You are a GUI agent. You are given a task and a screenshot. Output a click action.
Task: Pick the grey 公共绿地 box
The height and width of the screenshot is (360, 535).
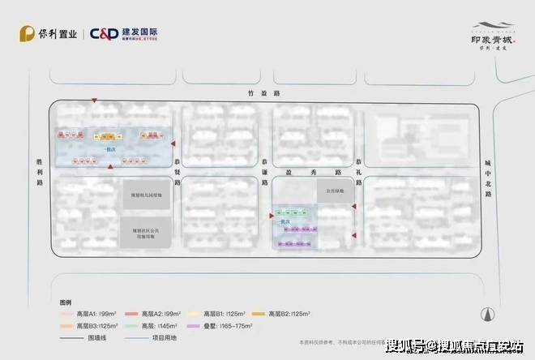(x=336, y=191)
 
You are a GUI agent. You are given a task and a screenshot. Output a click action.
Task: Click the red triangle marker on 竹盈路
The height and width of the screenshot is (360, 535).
(x=95, y=101)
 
